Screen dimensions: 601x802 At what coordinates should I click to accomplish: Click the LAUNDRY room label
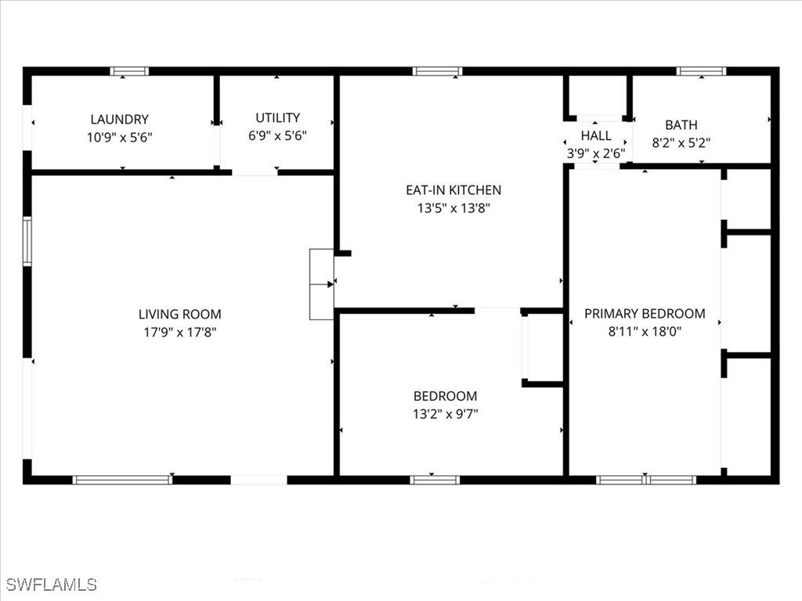[x=119, y=120]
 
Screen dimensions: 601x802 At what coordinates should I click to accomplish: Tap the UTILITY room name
[x=277, y=118]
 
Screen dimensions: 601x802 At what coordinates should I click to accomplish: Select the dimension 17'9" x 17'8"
[x=179, y=332]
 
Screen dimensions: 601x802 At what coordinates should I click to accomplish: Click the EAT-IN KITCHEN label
[x=453, y=190]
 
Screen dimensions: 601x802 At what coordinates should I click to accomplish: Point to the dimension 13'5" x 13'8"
[x=453, y=208]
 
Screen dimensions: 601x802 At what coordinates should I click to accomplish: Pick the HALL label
[x=596, y=136]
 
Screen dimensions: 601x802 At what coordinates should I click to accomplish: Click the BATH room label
[x=681, y=125]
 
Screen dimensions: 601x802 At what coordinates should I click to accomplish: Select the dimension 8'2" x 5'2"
[x=681, y=143]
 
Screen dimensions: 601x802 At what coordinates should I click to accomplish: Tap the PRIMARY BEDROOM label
[x=645, y=314]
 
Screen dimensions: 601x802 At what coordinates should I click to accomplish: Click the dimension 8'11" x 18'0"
[x=645, y=332]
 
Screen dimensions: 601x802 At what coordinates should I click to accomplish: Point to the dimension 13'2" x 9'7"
[x=446, y=414]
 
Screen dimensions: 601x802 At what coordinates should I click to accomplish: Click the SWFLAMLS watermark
[x=52, y=585]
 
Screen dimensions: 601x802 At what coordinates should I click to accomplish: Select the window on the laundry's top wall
[x=129, y=71]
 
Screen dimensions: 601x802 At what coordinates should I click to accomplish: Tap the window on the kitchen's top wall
[x=437, y=71]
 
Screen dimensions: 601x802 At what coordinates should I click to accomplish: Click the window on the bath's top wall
[x=701, y=71]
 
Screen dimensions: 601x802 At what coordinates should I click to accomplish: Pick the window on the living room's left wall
[x=27, y=242]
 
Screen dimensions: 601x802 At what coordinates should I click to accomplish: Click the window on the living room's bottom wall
[x=122, y=480]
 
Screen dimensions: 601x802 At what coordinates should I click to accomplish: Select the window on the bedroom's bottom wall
[x=435, y=480]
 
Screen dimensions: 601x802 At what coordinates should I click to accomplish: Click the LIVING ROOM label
[x=179, y=315]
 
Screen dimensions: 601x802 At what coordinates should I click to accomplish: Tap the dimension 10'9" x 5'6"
[x=119, y=137]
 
